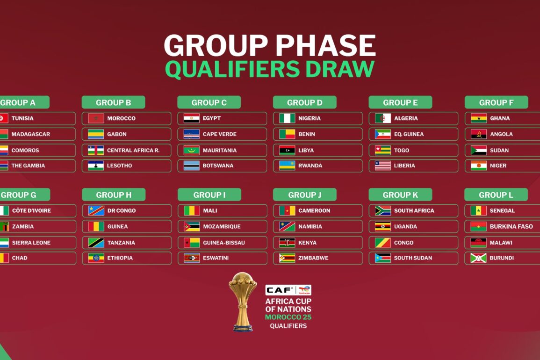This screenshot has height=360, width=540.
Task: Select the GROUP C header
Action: point(209,102)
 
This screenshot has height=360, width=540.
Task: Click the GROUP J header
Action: point(305,194)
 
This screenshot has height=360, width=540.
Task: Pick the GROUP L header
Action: point(496,194)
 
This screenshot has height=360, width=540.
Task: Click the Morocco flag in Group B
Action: point(96,118)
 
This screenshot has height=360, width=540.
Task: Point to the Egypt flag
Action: point(192,118)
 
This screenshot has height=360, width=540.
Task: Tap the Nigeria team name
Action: point(309,118)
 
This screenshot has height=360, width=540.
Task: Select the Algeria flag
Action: point(382,118)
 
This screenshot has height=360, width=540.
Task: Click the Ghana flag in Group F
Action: point(479,118)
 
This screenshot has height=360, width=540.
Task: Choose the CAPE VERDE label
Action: point(219,134)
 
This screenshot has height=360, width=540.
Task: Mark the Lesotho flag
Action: point(96,166)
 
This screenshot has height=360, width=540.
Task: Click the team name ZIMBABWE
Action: point(313,258)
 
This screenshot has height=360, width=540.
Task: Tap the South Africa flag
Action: point(382,210)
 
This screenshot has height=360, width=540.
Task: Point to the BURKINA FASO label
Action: point(511,226)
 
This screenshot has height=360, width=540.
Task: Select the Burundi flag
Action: point(478,258)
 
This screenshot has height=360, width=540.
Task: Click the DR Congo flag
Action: point(96,210)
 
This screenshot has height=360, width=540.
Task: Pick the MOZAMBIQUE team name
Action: point(222,226)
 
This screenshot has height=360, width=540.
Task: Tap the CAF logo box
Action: point(288,290)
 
